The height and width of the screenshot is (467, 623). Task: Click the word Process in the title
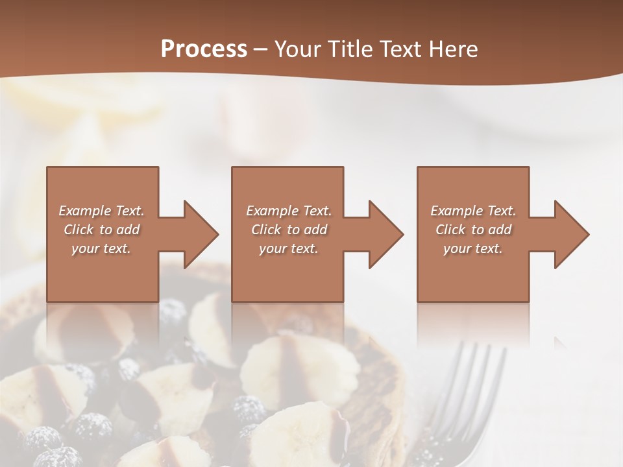[204, 49]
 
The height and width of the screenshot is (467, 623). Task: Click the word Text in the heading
[400, 49]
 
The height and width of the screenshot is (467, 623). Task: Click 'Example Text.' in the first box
[101, 211]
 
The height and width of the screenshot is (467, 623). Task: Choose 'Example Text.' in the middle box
[288, 211]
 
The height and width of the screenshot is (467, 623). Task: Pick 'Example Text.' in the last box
[473, 211]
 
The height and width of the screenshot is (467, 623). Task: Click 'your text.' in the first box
[101, 248]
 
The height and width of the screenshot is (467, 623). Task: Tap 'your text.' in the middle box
[288, 248]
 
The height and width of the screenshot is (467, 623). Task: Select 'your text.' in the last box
[473, 248]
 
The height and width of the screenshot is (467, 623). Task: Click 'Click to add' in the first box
[101, 230]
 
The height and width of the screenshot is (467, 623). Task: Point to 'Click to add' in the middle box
[288, 230]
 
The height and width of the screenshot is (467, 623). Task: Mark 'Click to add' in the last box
[473, 230]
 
